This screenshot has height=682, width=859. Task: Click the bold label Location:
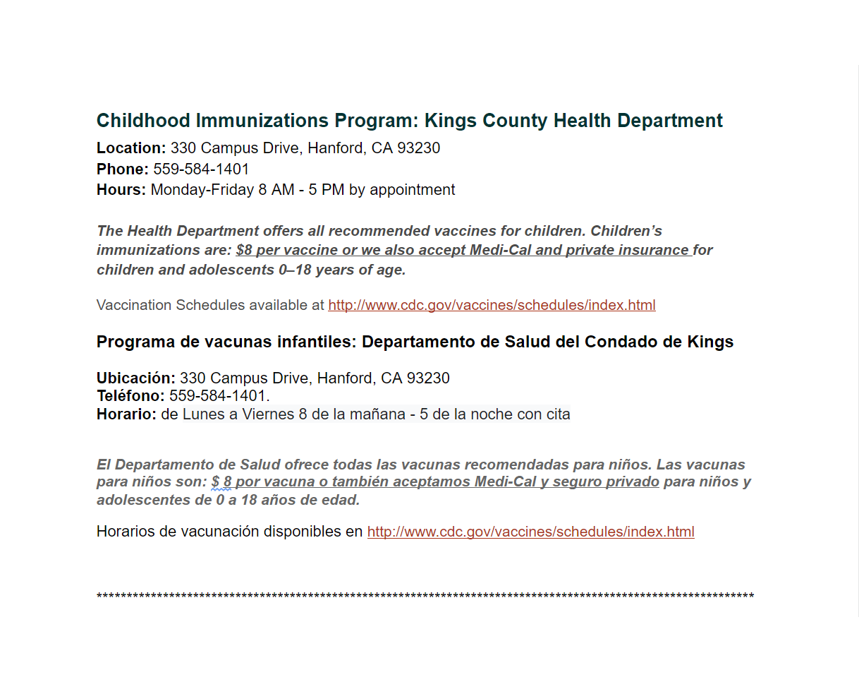tap(130, 148)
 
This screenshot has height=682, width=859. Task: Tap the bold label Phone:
tap(122, 169)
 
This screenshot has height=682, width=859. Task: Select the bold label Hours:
tap(121, 190)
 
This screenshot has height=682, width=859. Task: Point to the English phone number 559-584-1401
tap(201, 169)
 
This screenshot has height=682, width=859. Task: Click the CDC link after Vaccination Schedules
tap(492, 306)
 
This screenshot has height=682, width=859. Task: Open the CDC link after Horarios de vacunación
tap(530, 532)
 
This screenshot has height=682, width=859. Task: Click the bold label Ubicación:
tap(135, 378)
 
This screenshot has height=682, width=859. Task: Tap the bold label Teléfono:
tap(130, 396)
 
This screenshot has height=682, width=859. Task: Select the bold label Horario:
tap(126, 414)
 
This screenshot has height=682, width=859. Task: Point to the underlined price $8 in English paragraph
tap(244, 251)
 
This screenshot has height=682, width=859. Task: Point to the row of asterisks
tap(425, 597)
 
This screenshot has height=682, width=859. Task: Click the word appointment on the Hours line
tap(413, 190)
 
